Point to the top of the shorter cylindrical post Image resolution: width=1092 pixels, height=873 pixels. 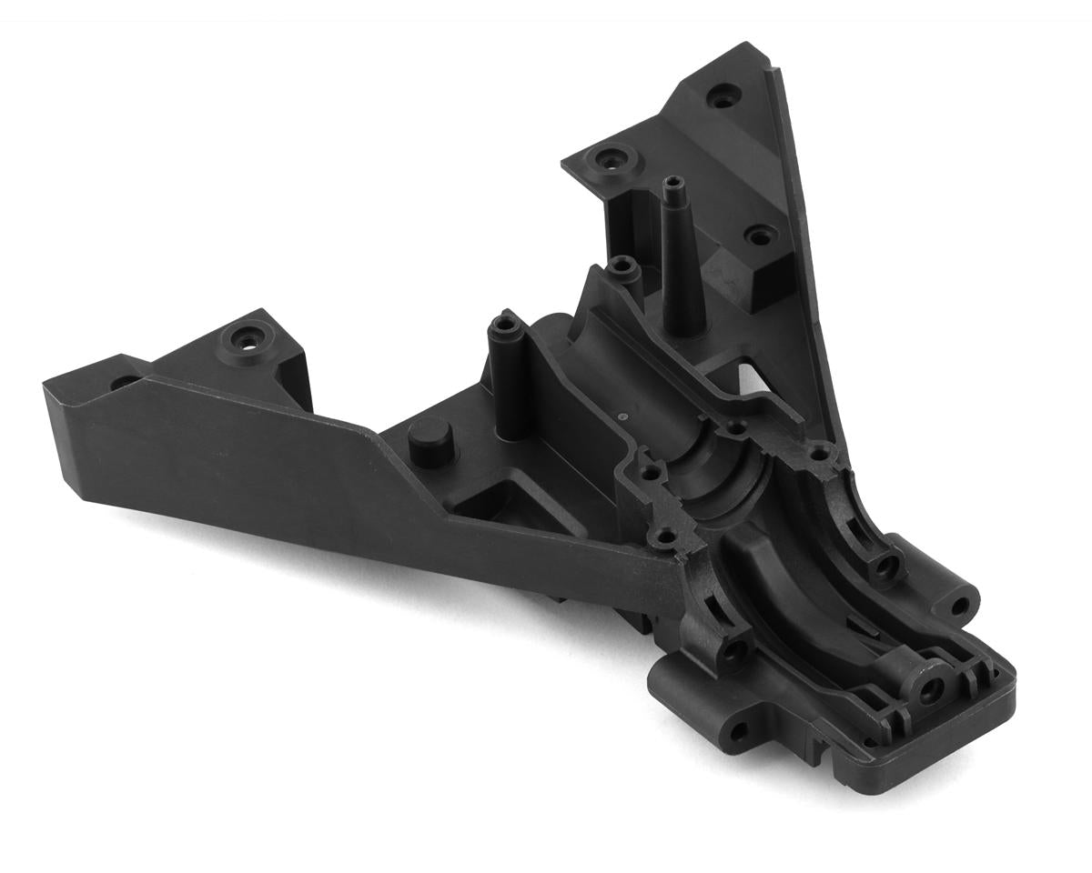tap(505, 325)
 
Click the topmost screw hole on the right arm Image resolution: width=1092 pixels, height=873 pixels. tap(723, 93)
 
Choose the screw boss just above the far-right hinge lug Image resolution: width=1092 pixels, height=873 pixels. tap(880, 569)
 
